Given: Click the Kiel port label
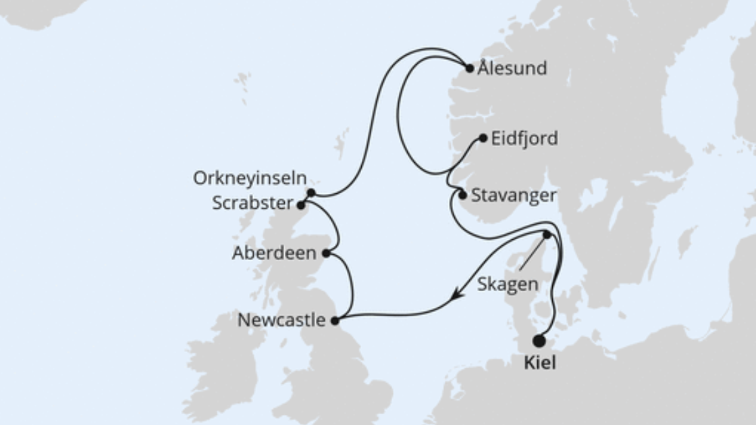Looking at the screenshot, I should click(x=540, y=363).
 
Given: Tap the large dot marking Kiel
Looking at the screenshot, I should click(x=539, y=341).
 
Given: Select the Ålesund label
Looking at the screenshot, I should click(x=512, y=68).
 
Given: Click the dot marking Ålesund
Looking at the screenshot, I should click(x=470, y=68).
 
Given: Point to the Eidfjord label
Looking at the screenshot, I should click(x=524, y=139).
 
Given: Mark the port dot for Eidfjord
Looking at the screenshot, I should click(x=483, y=139).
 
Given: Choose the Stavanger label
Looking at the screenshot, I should click(x=514, y=195).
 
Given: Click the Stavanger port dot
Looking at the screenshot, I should click(x=462, y=195).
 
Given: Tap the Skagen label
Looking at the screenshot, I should click(x=508, y=284).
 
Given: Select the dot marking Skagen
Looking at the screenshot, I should click(x=547, y=235).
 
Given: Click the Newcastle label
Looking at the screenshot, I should click(x=281, y=320).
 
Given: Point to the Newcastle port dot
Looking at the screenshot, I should click(x=334, y=321).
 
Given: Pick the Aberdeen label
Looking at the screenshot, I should click(x=274, y=253).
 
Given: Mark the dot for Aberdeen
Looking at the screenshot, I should click(x=326, y=253).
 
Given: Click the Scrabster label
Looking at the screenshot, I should click(x=253, y=203).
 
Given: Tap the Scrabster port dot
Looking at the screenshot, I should click(x=301, y=204).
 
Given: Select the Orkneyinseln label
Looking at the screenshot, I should click(x=250, y=178).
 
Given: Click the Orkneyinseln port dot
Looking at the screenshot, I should click(x=311, y=193).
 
